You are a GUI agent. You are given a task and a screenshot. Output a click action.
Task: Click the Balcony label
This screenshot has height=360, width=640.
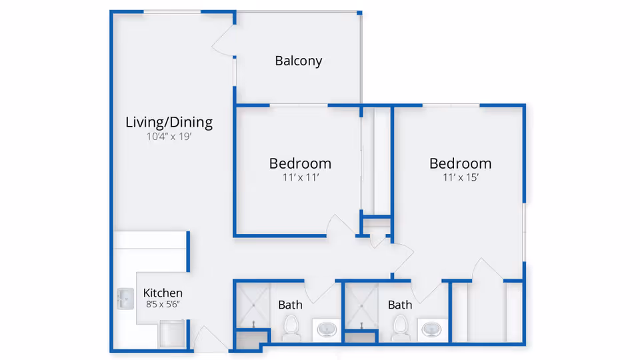point(299,61)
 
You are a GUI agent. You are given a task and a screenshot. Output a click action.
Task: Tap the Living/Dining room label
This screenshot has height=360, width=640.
point(169,122)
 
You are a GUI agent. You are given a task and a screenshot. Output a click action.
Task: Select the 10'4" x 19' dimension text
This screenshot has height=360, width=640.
point(169,136)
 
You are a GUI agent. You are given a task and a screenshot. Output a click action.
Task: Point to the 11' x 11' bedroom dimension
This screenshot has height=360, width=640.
point(301,177)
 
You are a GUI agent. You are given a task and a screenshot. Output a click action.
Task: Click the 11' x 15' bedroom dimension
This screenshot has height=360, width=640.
point(461,177)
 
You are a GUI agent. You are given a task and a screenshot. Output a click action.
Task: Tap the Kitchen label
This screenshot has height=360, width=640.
point(163,293)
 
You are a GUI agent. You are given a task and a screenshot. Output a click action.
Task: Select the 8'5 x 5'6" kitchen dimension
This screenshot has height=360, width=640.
point(163,304)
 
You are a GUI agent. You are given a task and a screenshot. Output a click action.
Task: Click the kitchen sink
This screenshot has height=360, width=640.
point(125,299)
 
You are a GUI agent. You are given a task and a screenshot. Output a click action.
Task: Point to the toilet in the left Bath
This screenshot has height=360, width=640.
point(291,328)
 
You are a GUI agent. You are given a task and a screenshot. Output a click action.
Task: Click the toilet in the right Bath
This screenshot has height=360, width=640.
point(400,328)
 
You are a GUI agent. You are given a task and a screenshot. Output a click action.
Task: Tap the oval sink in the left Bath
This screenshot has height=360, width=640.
point(327,329)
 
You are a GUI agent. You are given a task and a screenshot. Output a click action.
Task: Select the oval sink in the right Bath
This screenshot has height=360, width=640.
point(431,329)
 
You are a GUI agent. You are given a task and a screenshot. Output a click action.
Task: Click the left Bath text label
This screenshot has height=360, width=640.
point(290,305)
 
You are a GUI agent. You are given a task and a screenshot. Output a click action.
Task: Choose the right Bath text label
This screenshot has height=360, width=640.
point(400,305)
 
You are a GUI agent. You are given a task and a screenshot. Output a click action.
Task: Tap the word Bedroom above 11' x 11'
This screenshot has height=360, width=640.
point(300,164)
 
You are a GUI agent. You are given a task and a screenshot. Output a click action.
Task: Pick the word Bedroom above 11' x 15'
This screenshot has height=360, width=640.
point(461,164)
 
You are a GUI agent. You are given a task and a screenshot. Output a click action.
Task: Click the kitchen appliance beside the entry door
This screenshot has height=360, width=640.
point(172,334)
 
